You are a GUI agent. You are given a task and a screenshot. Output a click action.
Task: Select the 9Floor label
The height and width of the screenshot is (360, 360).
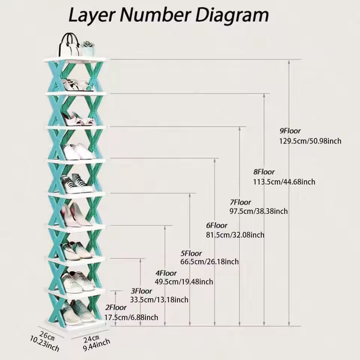pyautogui.click(x=290, y=131)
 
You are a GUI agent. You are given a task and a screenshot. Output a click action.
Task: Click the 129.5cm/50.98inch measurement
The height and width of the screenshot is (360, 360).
pyautogui.click(x=310, y=141)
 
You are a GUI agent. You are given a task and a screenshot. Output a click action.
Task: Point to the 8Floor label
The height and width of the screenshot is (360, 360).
pyautogui.click(x=264, y=172)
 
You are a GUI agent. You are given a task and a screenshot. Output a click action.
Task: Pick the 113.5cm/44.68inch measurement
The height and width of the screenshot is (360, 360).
pyautogui.click(x=284, y=182)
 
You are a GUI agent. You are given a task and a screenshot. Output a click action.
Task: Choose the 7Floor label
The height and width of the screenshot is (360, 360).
pyautogui.click(x=240, y=202)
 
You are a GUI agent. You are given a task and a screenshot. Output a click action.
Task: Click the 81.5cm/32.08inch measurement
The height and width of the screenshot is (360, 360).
pyautogui.click(x=235, y=235)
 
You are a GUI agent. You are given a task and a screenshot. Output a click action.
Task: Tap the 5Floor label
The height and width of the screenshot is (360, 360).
pyautogui.click(x=191, y=253)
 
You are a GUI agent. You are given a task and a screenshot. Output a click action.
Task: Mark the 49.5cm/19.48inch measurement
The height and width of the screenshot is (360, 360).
pyautogui.click(x=184, y=282)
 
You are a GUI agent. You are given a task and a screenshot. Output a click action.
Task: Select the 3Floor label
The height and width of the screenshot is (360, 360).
pyautogui.click(x=141, y=291)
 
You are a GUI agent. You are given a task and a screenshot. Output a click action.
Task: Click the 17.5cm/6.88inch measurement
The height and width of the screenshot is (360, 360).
pyautogui.click(x=131, y=318)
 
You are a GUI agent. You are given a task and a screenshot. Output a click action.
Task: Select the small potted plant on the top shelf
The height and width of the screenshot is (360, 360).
pyautogui.click(x=88, y=48)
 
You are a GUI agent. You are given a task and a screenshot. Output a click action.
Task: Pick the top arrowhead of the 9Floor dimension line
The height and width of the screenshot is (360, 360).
pyautogui.click(x=289, y=61)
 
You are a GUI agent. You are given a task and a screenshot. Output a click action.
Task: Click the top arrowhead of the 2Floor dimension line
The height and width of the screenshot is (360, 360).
pyautogui.click(x=115, y=292)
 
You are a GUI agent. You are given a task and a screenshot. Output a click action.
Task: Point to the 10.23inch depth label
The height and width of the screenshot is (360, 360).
pyautogui.click(x=45, y=344)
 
